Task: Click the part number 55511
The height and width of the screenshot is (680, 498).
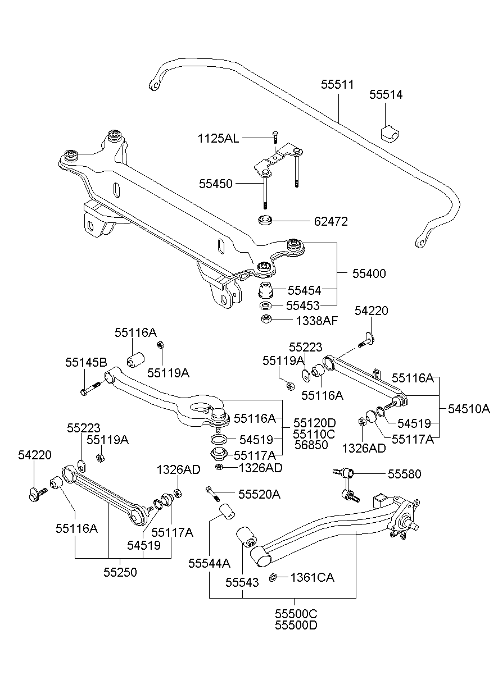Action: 337,85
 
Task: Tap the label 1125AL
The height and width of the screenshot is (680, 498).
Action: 218,138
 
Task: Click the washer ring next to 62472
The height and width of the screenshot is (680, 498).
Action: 265,220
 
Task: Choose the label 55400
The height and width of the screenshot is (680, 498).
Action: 369,273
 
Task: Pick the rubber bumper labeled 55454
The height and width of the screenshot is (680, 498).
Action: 265,291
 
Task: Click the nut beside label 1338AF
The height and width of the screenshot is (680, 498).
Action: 267,320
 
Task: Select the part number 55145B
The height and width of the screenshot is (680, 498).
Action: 86,362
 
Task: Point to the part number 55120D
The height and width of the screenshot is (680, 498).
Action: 314,422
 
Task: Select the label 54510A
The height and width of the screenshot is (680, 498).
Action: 469,408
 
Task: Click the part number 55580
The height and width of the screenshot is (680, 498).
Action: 404,474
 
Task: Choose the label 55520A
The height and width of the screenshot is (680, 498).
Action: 259,494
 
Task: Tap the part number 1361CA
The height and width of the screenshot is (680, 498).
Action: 312,577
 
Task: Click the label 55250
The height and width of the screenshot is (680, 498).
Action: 120,572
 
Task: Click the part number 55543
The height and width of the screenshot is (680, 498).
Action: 242,583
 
